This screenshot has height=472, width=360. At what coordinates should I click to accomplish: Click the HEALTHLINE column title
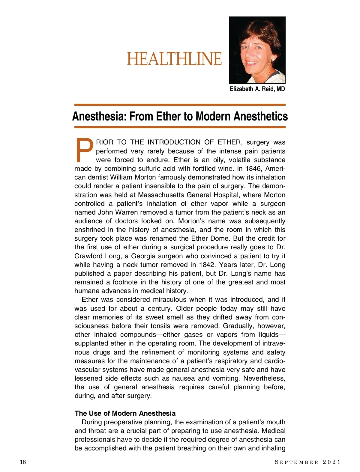pyautogui.click(x=174, y=59)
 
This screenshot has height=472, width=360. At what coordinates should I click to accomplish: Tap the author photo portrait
pyautogui.click(x=257, y=50)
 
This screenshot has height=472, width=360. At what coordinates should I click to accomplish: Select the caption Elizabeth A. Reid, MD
pyautogui.click(x=257, y=89)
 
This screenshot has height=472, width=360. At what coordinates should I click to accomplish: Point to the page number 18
pyautogui.click(x=23, y=462)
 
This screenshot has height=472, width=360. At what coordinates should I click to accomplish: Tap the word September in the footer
pyautogui.click(x=296, y=462)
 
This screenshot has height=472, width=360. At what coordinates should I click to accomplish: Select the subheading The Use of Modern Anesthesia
pyautogui.click(x=125, y=413)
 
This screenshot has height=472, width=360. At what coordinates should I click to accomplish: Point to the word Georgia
pyautogui.click(x=144, y=256)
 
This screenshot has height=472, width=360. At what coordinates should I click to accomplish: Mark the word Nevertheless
pyautogui.click(x=264, y=378)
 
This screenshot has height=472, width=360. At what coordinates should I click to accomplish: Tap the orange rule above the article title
pyautogui.click(x=180, y=105)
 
